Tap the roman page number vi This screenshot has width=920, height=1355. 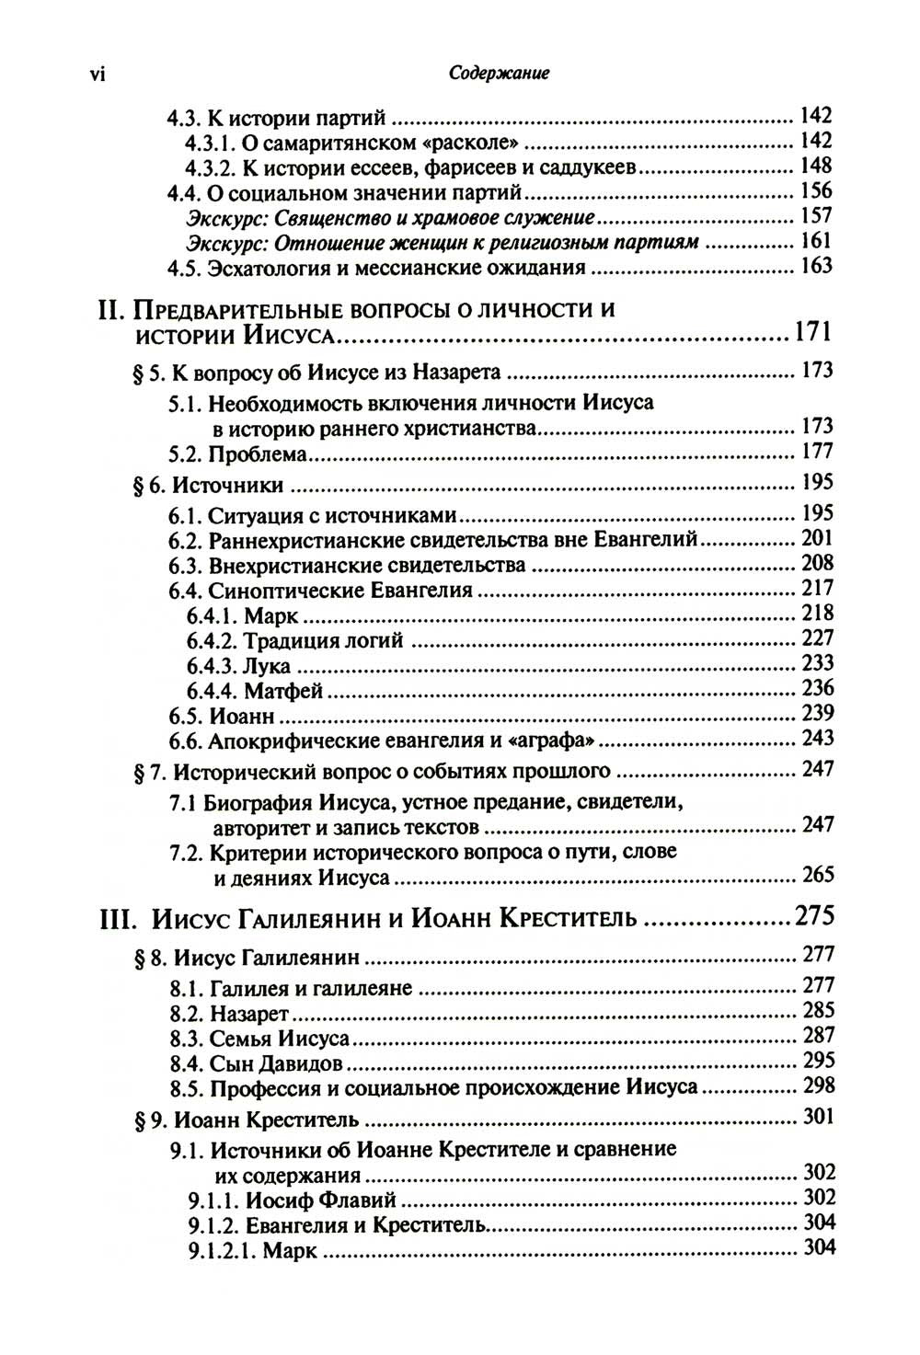tap(98, 75)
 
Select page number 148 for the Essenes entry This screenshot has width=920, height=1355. tap(816, 166)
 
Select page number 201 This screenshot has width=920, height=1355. tap(817, 538)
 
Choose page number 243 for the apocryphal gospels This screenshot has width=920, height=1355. tap(817, 738)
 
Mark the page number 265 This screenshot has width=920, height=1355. tap(817, 874)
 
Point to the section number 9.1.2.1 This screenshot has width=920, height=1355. tap(222, 1250)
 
